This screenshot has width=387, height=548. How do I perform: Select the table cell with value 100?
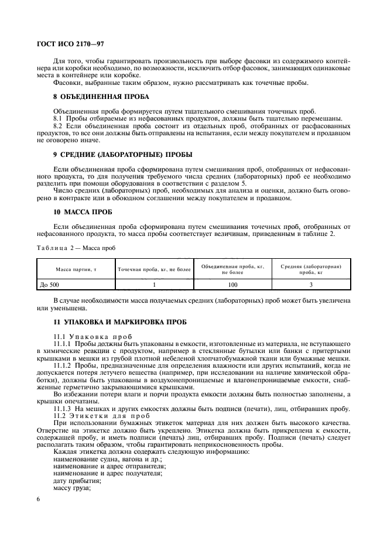232,284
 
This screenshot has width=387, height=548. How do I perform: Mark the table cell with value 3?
311,284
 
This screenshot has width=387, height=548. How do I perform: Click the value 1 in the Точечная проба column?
155,284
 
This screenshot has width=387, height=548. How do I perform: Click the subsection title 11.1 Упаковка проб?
93,337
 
